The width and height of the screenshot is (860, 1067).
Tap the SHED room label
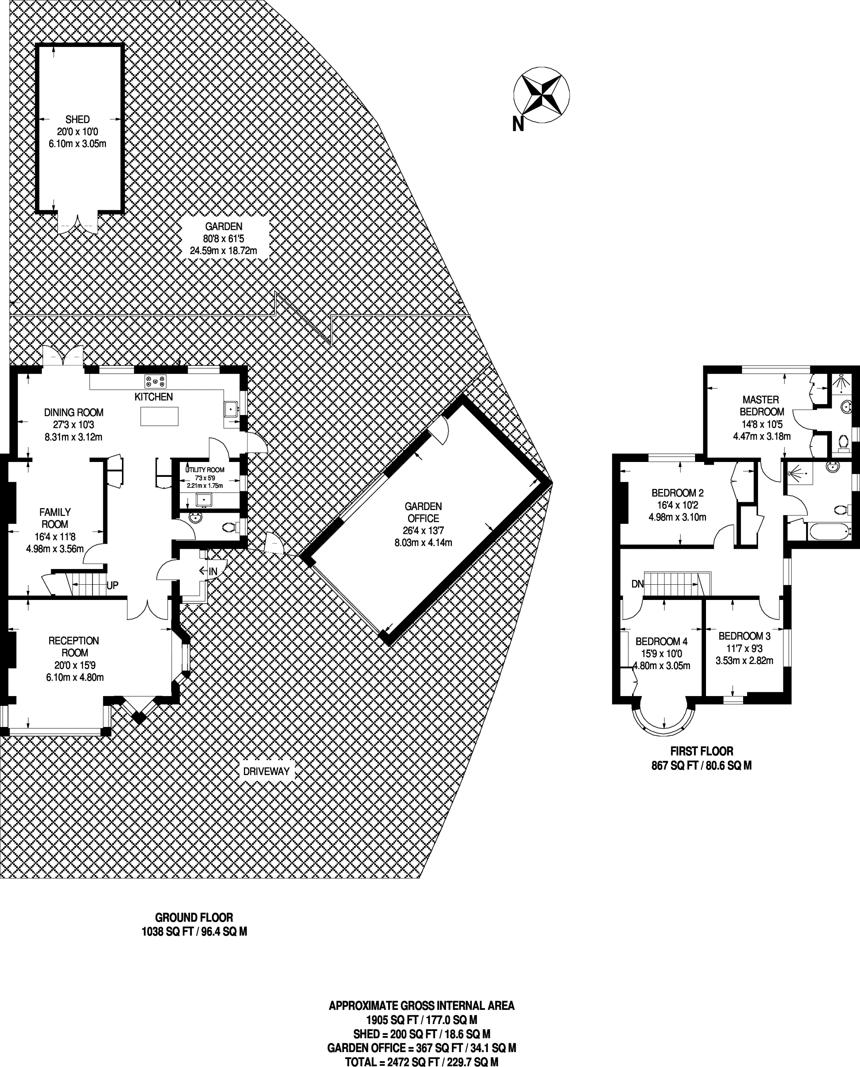pos(78,119)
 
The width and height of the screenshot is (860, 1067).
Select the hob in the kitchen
pos(156,381)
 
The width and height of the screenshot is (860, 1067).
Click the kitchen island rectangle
pos(159,417)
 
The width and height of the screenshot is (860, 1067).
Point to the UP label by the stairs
pos(113,585)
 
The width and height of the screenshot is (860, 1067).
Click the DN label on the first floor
pos(638,584)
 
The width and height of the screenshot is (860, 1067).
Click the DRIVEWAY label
pos(266,771)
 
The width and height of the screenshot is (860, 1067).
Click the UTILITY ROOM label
pos(204,470)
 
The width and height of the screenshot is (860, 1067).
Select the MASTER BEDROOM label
pos(761,405)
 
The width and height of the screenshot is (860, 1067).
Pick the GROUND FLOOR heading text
pos(194,917)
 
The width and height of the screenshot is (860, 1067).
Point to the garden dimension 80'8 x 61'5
pos(224,238)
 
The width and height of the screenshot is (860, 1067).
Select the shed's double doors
pos(78,223)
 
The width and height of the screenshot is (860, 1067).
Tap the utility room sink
pos(204,500)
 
